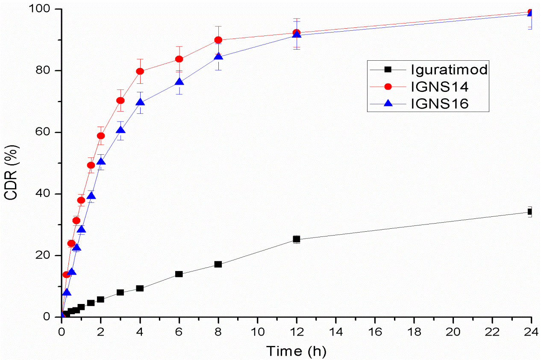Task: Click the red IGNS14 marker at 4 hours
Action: pyautogui.click(x=140, y=71)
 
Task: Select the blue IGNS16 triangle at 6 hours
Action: pyautogui.click(x=179, y=82)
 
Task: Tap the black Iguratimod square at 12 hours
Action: pyautogui.click(x=297, y=239)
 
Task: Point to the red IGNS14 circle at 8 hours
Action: pyautogui.click(x=218, y=40)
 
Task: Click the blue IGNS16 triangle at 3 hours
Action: pyautogui.click(x=121, y=130)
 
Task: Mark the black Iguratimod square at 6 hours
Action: pyautogui.click(x=179, y=274)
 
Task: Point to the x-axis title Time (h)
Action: pyautogui.click(x=296, y=351)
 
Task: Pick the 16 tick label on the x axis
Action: pyautogui.click(x=375, y=331)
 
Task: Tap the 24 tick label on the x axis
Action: pyautogui.click(x=531, y=331)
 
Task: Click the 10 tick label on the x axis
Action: pyautogui.click(x=257, y=331)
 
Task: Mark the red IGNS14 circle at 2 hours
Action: pyautogui.click(x=101, y=136)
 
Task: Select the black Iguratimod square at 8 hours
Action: pyautogui.click(x=218, y=264)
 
